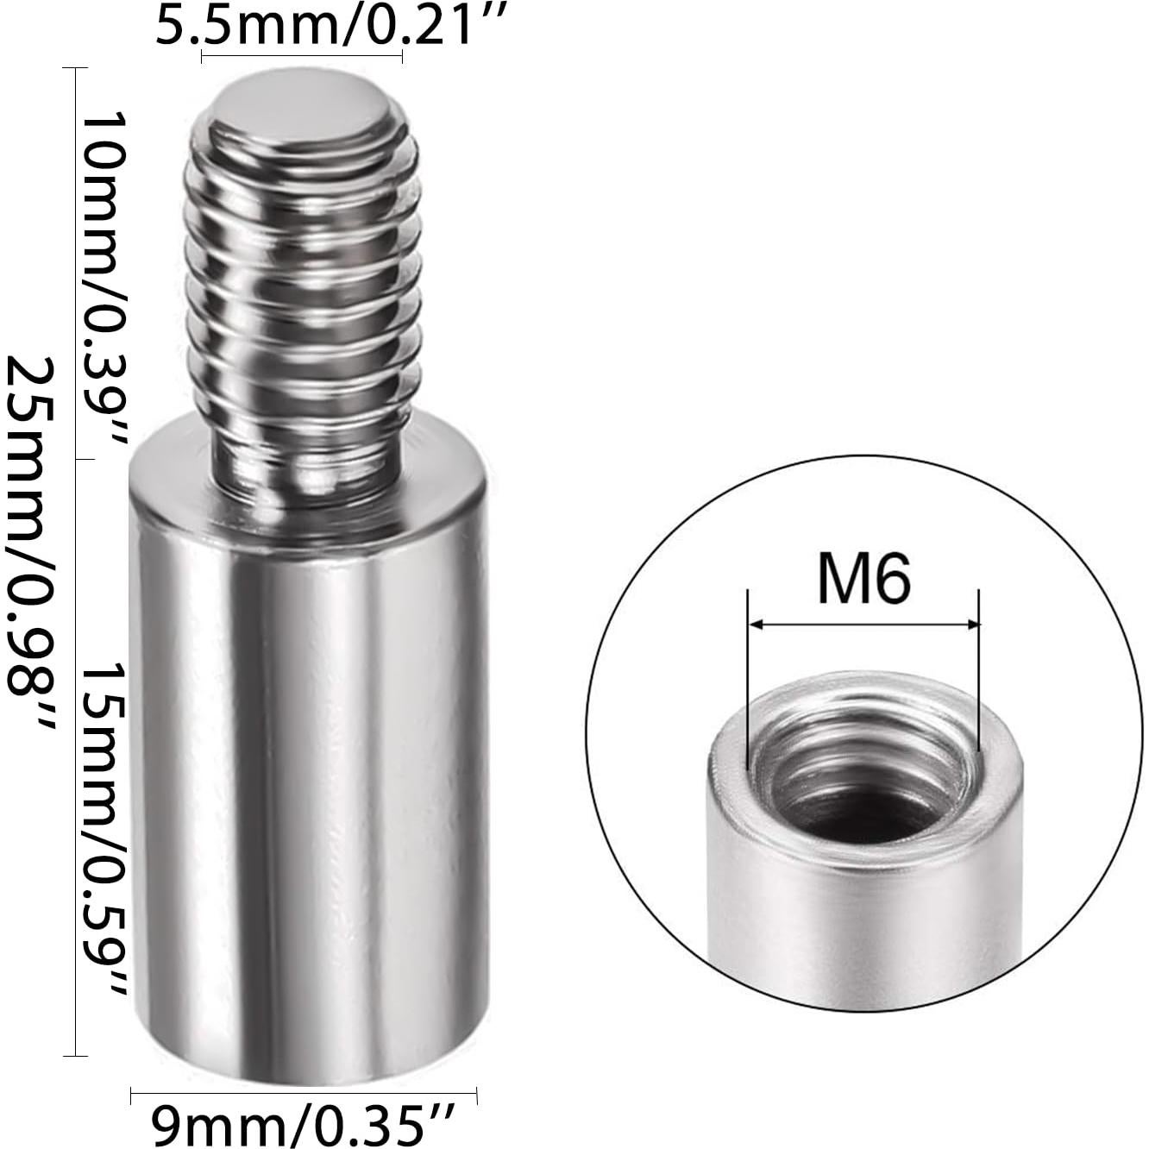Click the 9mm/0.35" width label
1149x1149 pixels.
point(302,1124)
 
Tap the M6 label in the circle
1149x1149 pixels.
point(863,580)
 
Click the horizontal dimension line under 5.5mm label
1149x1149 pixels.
point(302,57)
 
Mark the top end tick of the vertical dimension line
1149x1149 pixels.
point(76,69)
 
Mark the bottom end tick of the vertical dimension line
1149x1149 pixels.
point(76,1054)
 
